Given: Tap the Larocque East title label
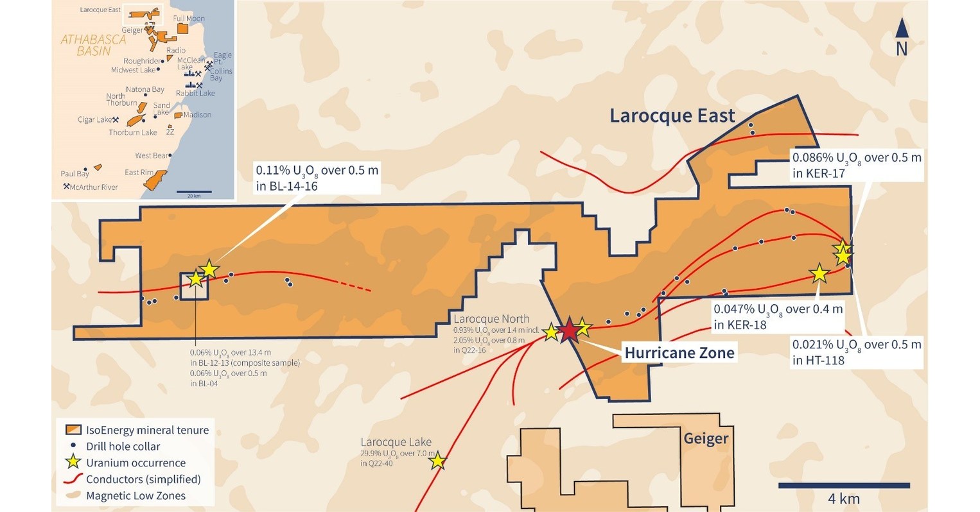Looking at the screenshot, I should coord(672,116).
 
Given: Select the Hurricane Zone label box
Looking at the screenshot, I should coord(679,352).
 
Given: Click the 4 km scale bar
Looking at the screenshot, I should coord(843,486).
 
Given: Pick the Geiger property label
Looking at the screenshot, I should coord(706,439).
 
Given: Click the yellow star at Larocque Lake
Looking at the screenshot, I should coord(437,461).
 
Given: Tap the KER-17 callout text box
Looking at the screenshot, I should coord(857,165).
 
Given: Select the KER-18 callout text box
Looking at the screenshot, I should coord(778,317).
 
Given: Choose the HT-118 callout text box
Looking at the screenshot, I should coord(857,352).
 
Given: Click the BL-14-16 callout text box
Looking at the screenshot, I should coord(317,178).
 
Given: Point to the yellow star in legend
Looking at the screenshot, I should coord(74,463).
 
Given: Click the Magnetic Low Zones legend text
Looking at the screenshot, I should coord(136,496).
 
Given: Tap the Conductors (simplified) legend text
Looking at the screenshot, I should coord(143,479).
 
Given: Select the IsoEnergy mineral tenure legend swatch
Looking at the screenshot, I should coord(74,430).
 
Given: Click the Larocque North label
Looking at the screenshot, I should coord(491,319).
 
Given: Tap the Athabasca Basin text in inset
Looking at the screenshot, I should coord(94,45).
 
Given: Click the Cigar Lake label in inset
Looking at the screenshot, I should coord(94,120).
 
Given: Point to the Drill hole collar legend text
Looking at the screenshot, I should coord(123,447).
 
